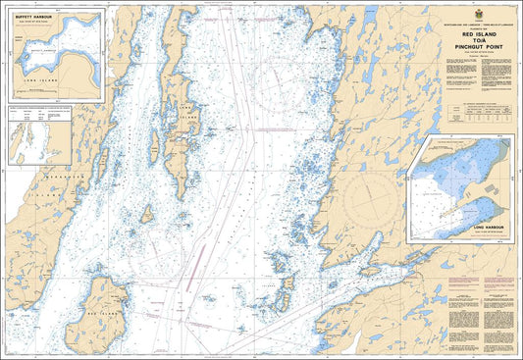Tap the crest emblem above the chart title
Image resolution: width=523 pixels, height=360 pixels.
coord(478,13)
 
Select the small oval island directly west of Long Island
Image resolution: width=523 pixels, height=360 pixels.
coord(146,213)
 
